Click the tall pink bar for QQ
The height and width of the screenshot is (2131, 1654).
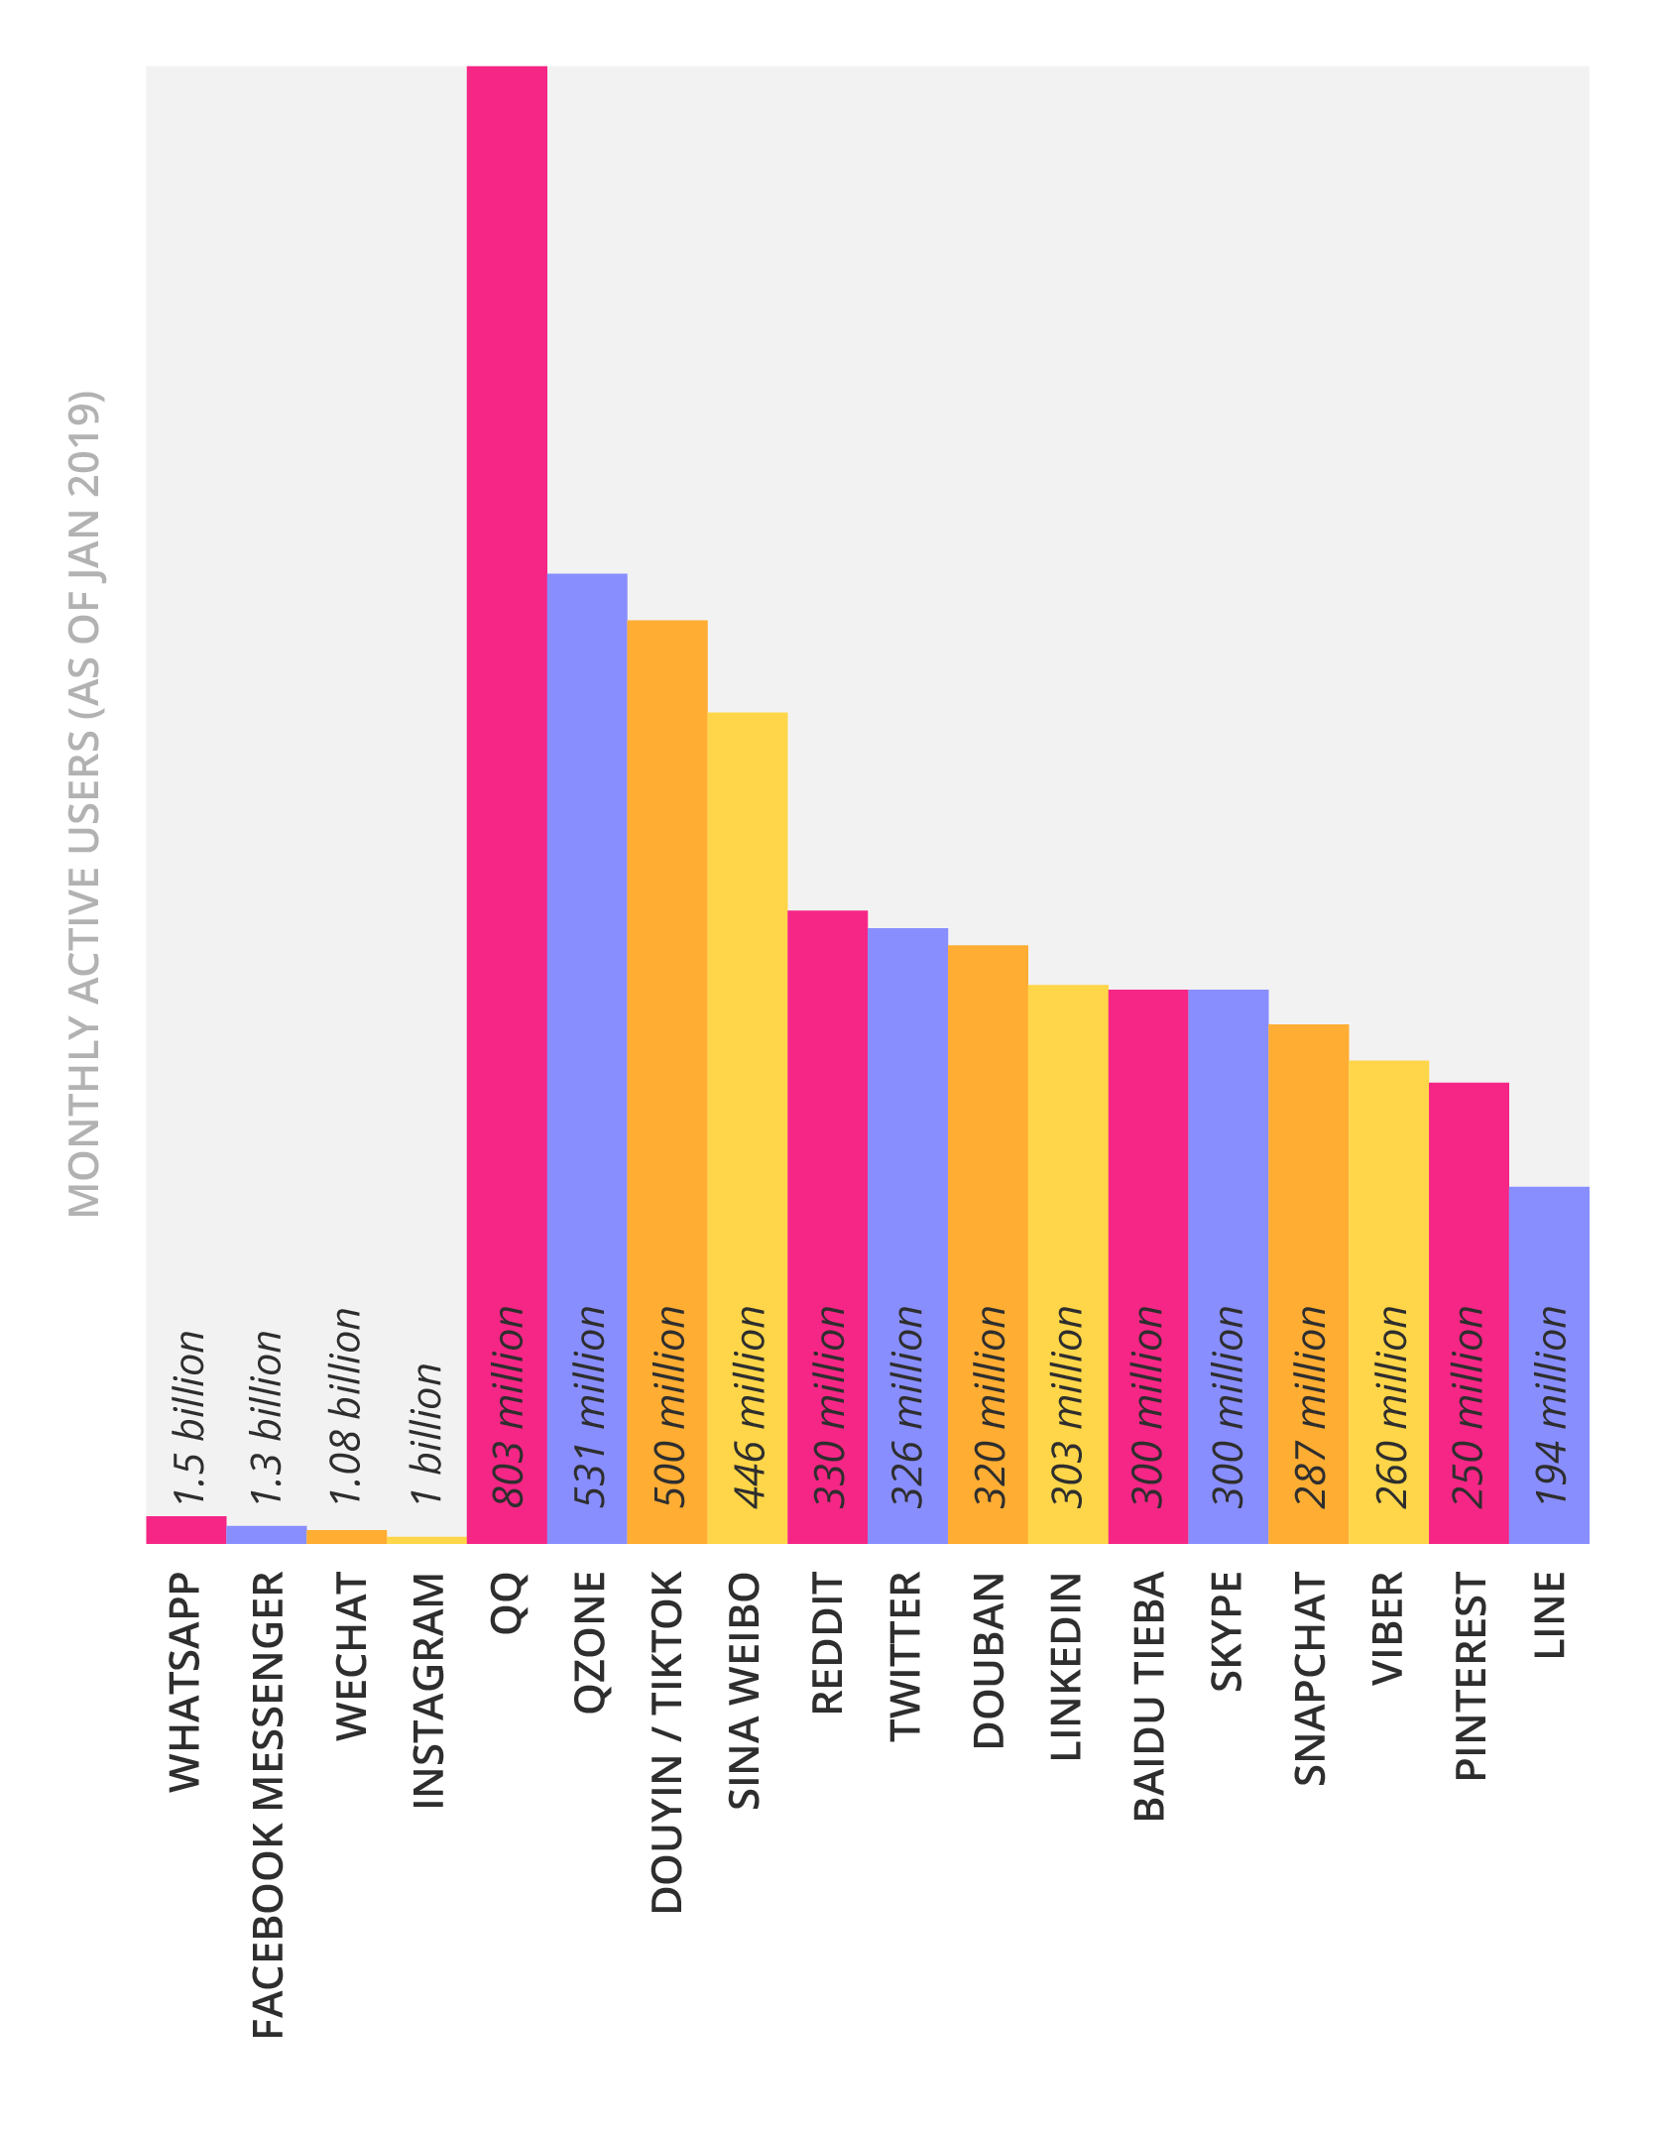pyautogui.click(x=507, y=694)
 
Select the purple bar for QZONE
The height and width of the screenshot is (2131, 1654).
pyautogui.click(x=587, y=942)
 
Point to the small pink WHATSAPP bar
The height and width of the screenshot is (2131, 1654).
pyautogui.click(x=186, y=1530)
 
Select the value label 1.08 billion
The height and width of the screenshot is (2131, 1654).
pyautogui.click(x=346, y=1405)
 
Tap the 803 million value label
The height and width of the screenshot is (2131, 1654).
pyautogui.click(x=508, y=1407)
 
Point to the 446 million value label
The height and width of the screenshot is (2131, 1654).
pyautogui.click(x=749, y=1407)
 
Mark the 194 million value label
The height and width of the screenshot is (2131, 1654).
pyautogui.click(x=1550, y=1407)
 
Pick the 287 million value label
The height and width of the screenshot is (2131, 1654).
pyautogui.click(x=1309, y=1407)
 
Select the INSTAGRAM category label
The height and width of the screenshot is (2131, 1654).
pyautogui.click(x=428, y=1691)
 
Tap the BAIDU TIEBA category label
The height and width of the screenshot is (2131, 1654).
pyautogui.click(x=1148, y=1697)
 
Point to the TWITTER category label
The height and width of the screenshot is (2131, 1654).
pyautogui.click(x=905, y=1656)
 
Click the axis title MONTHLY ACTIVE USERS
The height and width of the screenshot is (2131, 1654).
pyautogui.click(x=84, y=803)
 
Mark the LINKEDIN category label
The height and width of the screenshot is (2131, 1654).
pyautogui.click(x=1066, y=1667)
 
